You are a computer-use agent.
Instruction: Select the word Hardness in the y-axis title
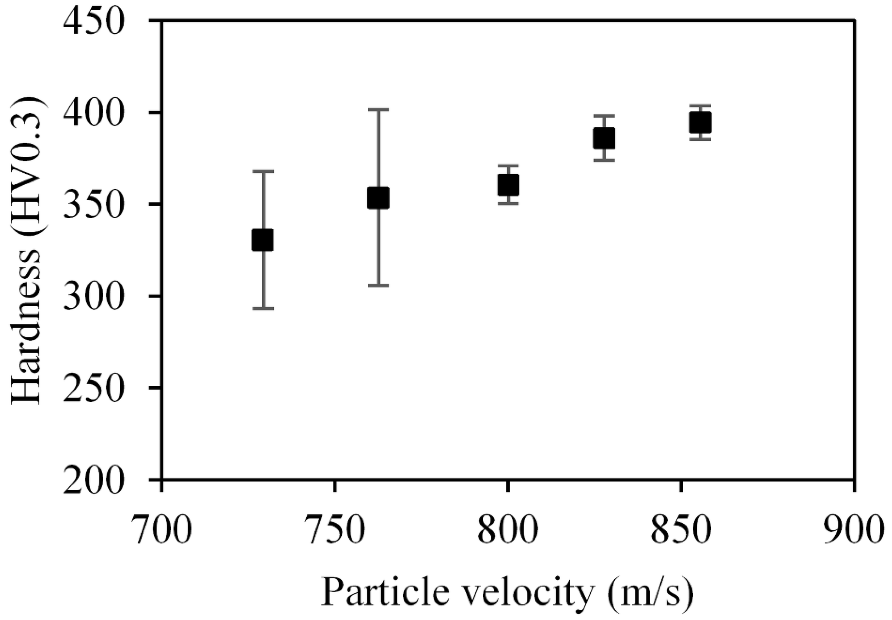coord(26,327)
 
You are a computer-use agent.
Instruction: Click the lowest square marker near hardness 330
coord(263,240)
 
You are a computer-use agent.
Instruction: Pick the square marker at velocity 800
coord(508,185)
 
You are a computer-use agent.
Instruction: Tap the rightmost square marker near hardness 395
coord(700,122)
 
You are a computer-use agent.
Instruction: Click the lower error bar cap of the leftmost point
coord(263,309)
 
